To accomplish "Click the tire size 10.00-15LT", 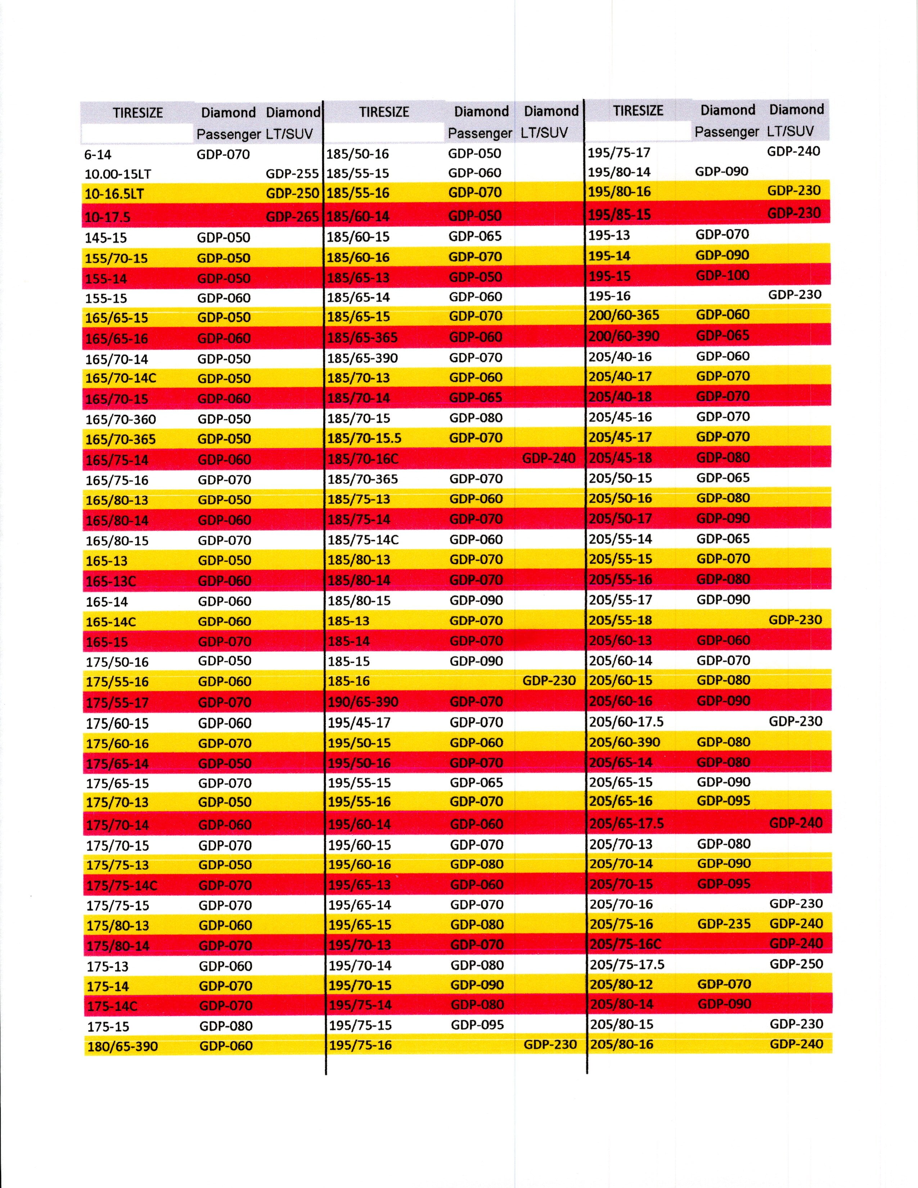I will coord(117,174).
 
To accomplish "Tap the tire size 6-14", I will coord(98,154).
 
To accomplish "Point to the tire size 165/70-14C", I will coord(121,378).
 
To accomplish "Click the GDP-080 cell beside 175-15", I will coord(226,1026).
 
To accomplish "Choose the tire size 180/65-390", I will coord(122,1046).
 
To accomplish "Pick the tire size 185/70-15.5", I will coord(364,438).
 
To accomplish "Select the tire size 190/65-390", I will coord(363,702).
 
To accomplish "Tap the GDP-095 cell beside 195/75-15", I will coord(477,1025).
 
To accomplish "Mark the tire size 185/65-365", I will coord(362,337).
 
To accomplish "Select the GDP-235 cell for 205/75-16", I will coord(724,924).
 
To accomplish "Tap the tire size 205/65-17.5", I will coord(626,823).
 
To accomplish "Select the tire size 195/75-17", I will coord(619,152).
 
